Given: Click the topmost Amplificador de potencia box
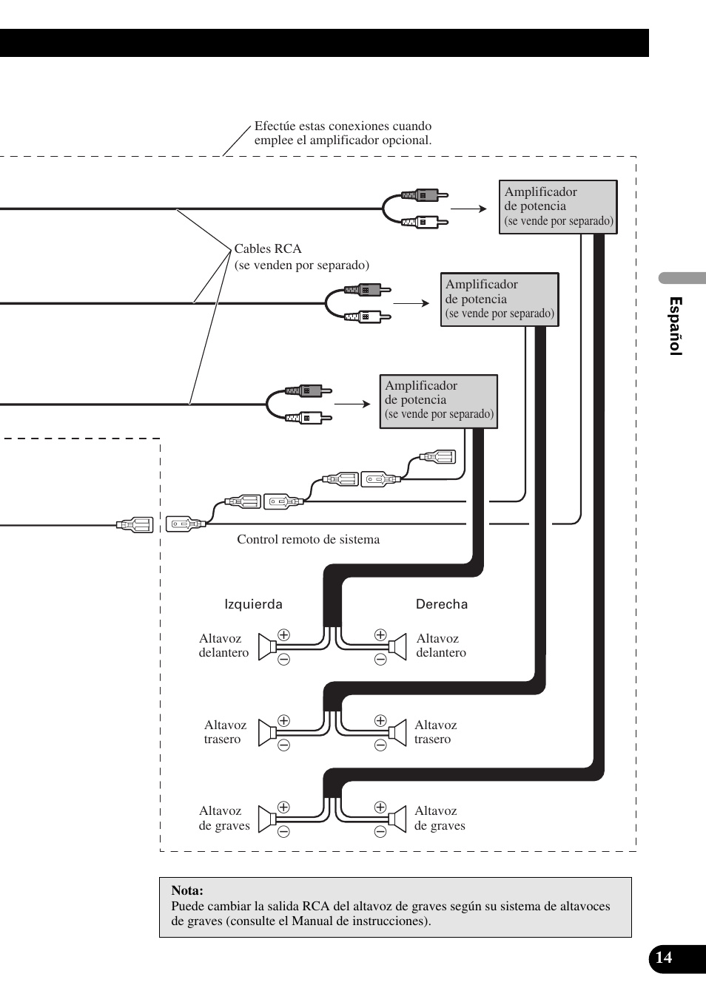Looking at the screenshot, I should [x=558, y=207].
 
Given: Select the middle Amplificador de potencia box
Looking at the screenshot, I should [x=500, y=299].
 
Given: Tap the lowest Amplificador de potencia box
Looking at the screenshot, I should [x=438, y=401].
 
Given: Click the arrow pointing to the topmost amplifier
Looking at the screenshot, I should [x=468, y=209].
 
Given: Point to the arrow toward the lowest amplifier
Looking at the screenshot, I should [x=352, y=404].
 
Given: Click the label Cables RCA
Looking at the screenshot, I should [x=268, y=248].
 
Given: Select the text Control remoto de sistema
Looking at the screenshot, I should [x=308, y=539].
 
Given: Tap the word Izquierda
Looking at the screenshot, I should [x=253, y=604].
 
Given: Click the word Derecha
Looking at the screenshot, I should [x=442, y=604].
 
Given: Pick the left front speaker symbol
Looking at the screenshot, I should [x=266, y=646].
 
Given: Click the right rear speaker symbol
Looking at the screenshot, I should [x=398, y=733].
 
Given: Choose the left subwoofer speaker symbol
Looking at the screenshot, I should [x=266, y=819].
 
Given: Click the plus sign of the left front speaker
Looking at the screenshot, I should [x=283, y=634].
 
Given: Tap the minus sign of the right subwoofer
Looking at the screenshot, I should [x=380, y=832].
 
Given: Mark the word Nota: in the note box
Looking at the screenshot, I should [x=187, y=890].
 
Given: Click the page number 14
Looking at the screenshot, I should [x=664, y=958].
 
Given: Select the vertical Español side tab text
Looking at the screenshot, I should [x=675, y=326].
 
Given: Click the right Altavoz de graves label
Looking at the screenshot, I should [x=440, y=818].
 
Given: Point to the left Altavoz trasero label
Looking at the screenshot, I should [x=225, y=732].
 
